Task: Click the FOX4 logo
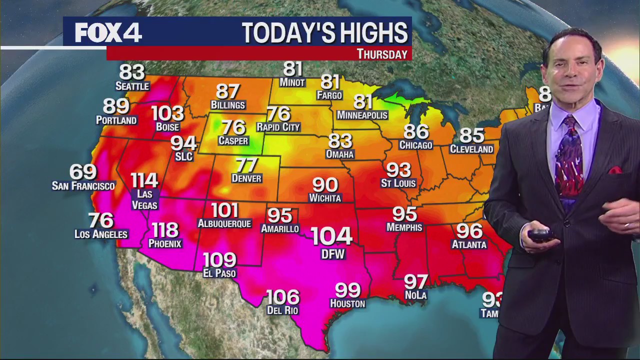(108, 33)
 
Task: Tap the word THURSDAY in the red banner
(382, 54)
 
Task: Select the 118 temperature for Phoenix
(165, 230)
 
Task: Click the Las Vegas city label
(144, 199)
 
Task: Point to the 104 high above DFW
(331, 236)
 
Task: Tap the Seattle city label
(132, 86)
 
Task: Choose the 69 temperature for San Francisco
(83, 172)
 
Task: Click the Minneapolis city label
(362, 115)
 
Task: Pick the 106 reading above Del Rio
(283, 297)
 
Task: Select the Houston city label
(347, 303)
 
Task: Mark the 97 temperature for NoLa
(416, 282)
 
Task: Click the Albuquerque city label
(224, 223)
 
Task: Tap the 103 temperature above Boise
(167, 113)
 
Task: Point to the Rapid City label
(278, 127)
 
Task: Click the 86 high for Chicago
(416, 131)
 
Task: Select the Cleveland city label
(471, 149)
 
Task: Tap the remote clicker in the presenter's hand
(541, 235)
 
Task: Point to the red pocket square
(614, 170)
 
